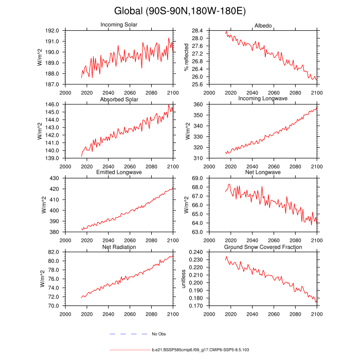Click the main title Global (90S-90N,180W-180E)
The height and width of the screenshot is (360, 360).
click(x=179, y=11)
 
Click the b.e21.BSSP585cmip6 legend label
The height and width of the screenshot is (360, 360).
click(x=201, y=350)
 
